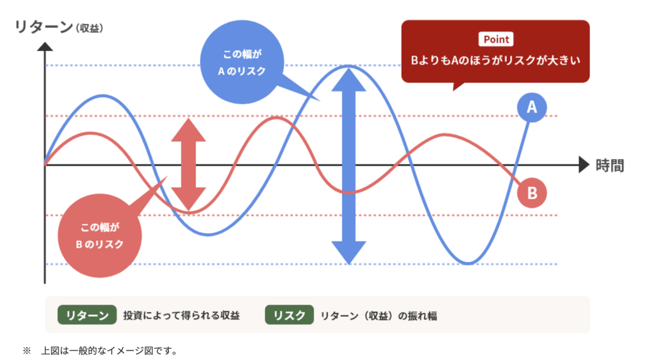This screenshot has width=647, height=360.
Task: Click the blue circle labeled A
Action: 532,107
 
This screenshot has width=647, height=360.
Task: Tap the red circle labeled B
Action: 532,193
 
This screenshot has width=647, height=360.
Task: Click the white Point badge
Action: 496,39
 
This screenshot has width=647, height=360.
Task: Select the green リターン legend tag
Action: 87,315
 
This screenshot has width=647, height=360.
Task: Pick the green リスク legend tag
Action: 289,315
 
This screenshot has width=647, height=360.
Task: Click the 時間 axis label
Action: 610,165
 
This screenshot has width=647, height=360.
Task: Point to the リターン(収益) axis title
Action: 59,27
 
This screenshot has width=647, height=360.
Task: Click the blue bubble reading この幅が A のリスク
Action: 242,62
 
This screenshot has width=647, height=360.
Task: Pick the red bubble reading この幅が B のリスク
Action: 100,236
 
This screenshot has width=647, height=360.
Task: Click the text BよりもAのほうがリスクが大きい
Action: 495,60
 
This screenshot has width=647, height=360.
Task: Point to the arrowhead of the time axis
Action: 584,165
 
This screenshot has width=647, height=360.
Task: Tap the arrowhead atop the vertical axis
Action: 45,47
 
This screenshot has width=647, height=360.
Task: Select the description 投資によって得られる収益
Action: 181,315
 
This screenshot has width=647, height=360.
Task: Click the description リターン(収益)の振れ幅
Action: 379,316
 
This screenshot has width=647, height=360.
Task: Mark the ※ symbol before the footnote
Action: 26,351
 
